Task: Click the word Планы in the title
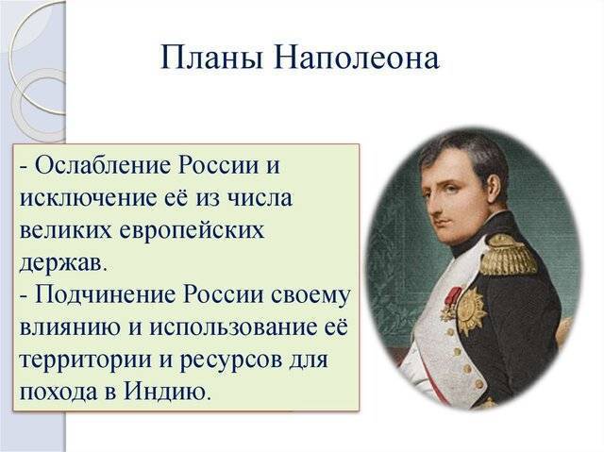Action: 211,58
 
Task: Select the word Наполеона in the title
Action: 357,58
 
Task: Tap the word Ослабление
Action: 102,166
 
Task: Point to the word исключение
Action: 88,198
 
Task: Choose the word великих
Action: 67,230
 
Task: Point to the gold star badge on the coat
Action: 472,310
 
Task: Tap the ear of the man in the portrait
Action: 493,187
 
